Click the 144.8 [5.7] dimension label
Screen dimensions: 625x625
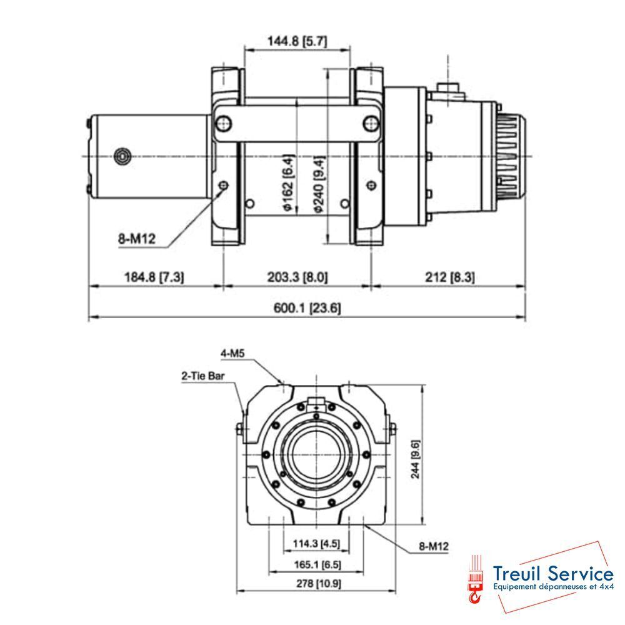pyautogui.click(x=297, y=42)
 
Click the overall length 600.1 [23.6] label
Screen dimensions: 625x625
pyautogui.click(x=308, y=308)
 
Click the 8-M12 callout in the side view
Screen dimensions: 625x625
pyautogui.click(x=136, y=238)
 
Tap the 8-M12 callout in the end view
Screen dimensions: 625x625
pyautogui.click(x=433, y=547)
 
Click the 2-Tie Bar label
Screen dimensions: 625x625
pyautogui.click(x=202, y=376)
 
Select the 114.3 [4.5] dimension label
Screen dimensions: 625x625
pyautogui.click(x=316, y=544)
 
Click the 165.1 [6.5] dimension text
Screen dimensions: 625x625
pyautogui.click(x=316, y=564)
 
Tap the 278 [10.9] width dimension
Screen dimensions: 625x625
pyautogui.click(x=316, y=584)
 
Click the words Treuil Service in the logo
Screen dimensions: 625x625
pyautogui.click(x=552, y=572)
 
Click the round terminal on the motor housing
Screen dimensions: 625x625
pyautogui.click(x=123, y=155)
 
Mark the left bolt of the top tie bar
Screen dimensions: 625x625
pyautogui.click(x=222, y=122)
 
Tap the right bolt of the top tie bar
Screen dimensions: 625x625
pyautogui.click(x=371, y=122)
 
